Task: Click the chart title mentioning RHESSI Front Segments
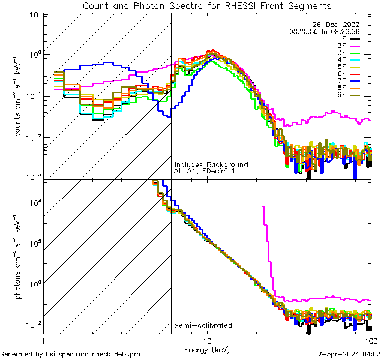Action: pyautogui.click(x=207, y=6)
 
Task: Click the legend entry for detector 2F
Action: pyautogui.click(x=342, y=46)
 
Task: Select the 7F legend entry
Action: pyautogui.click(x=342, y=80)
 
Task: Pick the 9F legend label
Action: pyautogui.click(x=342, y=95)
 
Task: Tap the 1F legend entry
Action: pyautogui.click(x=342, y=38)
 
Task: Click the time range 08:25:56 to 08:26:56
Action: pyautogui.click(x=324, y=31)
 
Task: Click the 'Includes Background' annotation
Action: pyautogui.click(x=211, y=164)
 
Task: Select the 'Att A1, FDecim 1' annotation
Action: pyautogui.click(x=204, y=171)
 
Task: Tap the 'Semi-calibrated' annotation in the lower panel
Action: pyautogui.click(x=203, y=326)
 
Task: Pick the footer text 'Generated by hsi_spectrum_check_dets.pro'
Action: pyautogui.click(x=70, y=354)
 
